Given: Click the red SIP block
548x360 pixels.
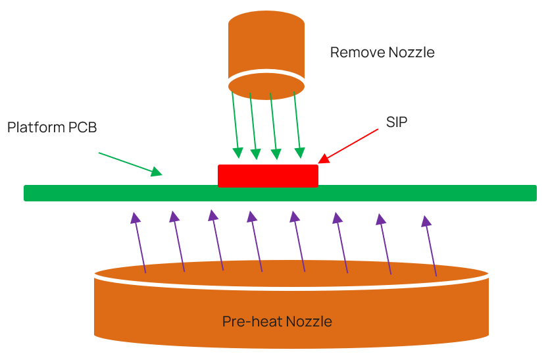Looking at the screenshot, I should click(268, 176).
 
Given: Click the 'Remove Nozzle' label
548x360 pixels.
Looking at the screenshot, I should click(382, 53).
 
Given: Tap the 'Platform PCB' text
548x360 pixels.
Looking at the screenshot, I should click(52, 128).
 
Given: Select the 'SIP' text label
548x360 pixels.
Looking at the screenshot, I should click(397, 122).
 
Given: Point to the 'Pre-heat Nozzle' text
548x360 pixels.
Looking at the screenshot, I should click(277, 322).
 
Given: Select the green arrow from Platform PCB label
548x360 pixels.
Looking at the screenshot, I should click(130, 164).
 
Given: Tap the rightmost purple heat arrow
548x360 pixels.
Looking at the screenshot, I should click(430, 245).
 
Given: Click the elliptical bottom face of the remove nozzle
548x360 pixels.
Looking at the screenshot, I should click(266, 86).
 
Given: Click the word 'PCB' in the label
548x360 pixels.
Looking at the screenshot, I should click(83, 128).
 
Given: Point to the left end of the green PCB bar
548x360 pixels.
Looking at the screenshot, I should click(30, 193).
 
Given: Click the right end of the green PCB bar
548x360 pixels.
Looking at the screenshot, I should click(531, 193).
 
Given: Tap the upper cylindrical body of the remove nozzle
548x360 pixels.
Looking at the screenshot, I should click(266, 43).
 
